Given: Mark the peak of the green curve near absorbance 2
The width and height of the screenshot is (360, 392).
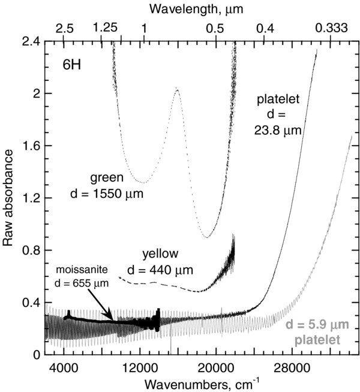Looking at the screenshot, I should tap(176, 89).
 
